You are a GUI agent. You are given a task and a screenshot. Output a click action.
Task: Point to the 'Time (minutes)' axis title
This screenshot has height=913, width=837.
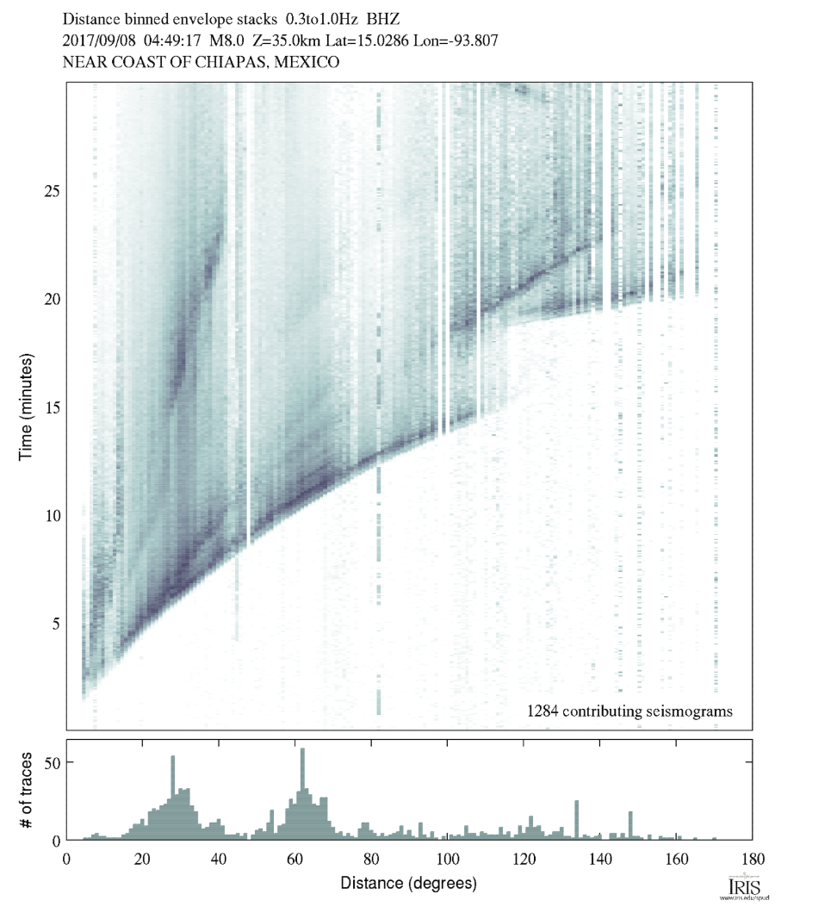27,405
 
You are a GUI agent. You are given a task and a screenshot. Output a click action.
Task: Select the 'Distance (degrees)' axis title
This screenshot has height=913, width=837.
408,883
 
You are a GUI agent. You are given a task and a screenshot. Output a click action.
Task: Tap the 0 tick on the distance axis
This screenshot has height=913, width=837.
67,858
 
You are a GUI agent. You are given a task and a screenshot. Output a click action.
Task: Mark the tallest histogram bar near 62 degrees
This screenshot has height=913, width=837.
302,794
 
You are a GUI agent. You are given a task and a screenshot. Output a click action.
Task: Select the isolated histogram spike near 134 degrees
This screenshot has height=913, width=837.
577,819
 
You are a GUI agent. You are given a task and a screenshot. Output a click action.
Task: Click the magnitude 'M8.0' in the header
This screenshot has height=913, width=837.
226,40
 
